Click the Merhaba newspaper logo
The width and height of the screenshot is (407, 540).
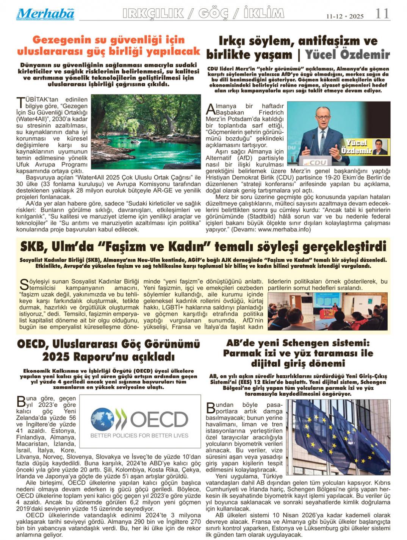45,14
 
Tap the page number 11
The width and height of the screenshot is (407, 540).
382,14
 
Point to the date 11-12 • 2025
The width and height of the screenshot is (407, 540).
345,16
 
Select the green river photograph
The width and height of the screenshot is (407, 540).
146,131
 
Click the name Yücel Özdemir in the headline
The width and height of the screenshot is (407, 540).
347,55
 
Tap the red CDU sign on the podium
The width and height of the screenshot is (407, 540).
318,162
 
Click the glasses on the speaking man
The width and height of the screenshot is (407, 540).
323,118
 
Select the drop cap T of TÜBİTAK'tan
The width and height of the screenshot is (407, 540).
20,102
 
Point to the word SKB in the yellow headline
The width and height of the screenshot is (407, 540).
33,247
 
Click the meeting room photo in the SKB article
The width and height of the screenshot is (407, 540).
327,311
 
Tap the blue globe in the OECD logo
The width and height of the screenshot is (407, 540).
102,419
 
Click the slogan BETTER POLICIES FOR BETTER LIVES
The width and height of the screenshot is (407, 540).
139,435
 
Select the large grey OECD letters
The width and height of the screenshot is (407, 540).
159,419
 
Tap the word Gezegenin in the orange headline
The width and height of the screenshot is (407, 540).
61,40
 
